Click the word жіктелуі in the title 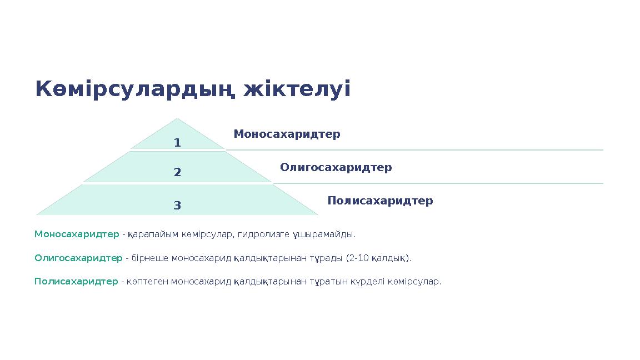297,89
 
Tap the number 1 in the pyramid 177,143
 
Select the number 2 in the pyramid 177,172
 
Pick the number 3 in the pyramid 177,206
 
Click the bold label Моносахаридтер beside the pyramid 287,134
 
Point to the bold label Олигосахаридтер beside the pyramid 336,167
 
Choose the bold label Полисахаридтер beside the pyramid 380,201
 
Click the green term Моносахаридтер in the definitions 77,234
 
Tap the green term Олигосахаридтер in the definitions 78,258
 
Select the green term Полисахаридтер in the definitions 76,282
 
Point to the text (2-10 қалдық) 378,258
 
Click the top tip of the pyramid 177,119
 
